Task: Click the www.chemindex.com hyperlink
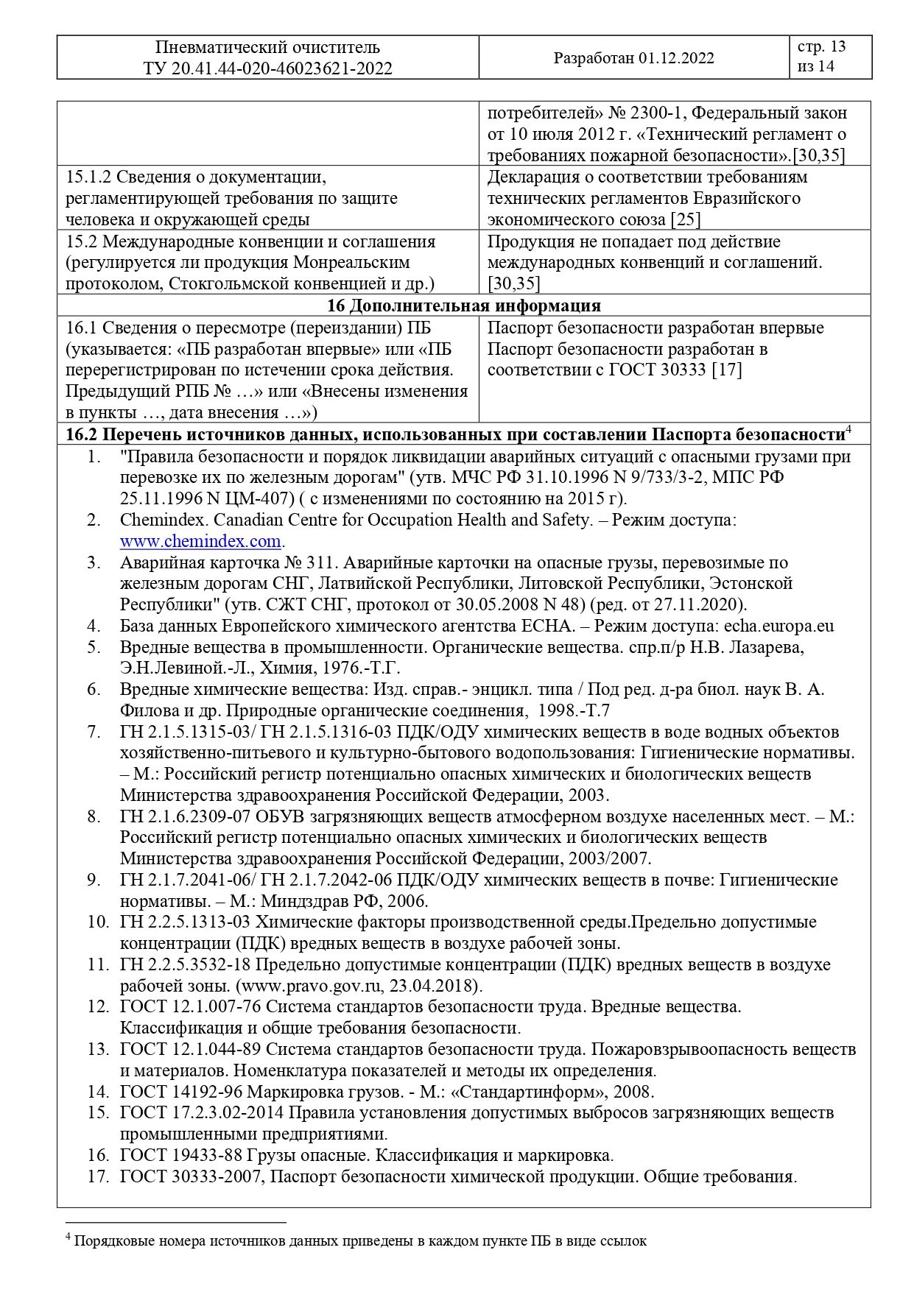click(200, 541)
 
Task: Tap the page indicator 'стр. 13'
click(821, 47)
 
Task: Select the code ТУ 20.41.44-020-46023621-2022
click(268, 68)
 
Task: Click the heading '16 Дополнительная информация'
click(463, 306)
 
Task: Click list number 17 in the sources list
click(98, 1176)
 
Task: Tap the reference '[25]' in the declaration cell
click(685, 219)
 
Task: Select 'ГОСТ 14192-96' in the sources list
click(181, 1092)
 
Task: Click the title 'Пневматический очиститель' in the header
click(268, 48)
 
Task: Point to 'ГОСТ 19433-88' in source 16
click(181, 1155)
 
